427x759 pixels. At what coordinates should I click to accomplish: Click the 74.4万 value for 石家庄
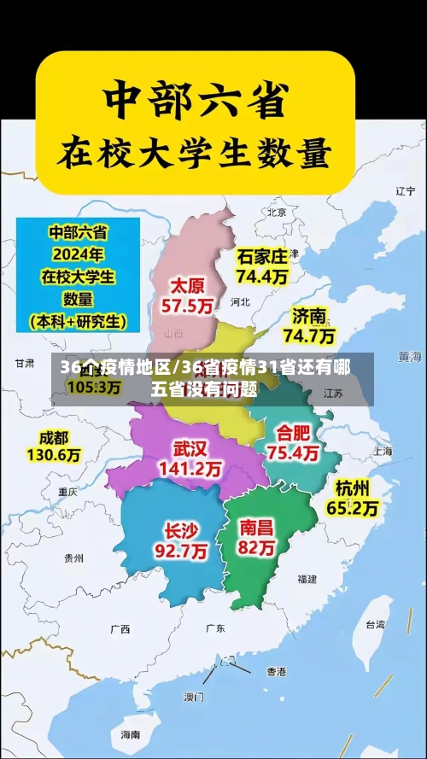click(x=263, y=277)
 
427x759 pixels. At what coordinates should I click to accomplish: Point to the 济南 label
click(x=310, y=316)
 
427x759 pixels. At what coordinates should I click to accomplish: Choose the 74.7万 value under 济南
click(x=309, y=336)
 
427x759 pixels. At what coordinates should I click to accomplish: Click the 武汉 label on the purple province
click(x=190, y=448)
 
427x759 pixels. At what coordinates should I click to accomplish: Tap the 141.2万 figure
click(x=190, y=469)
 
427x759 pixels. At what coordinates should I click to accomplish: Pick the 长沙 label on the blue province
click(x=180, y=530)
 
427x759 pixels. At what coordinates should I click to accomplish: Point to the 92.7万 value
click(x=180, y=552)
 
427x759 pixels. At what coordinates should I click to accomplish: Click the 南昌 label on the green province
click(x=258, y=527)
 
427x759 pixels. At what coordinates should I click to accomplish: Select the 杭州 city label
click(x=353, y=488)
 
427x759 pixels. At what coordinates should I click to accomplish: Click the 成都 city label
click(x=53, y=437)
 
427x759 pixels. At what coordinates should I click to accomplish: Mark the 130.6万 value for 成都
click(x=54, y=456)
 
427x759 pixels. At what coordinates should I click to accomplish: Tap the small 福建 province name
click(x=307, y=579)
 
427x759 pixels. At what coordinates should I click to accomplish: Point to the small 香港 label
click(x=276, y=671)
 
